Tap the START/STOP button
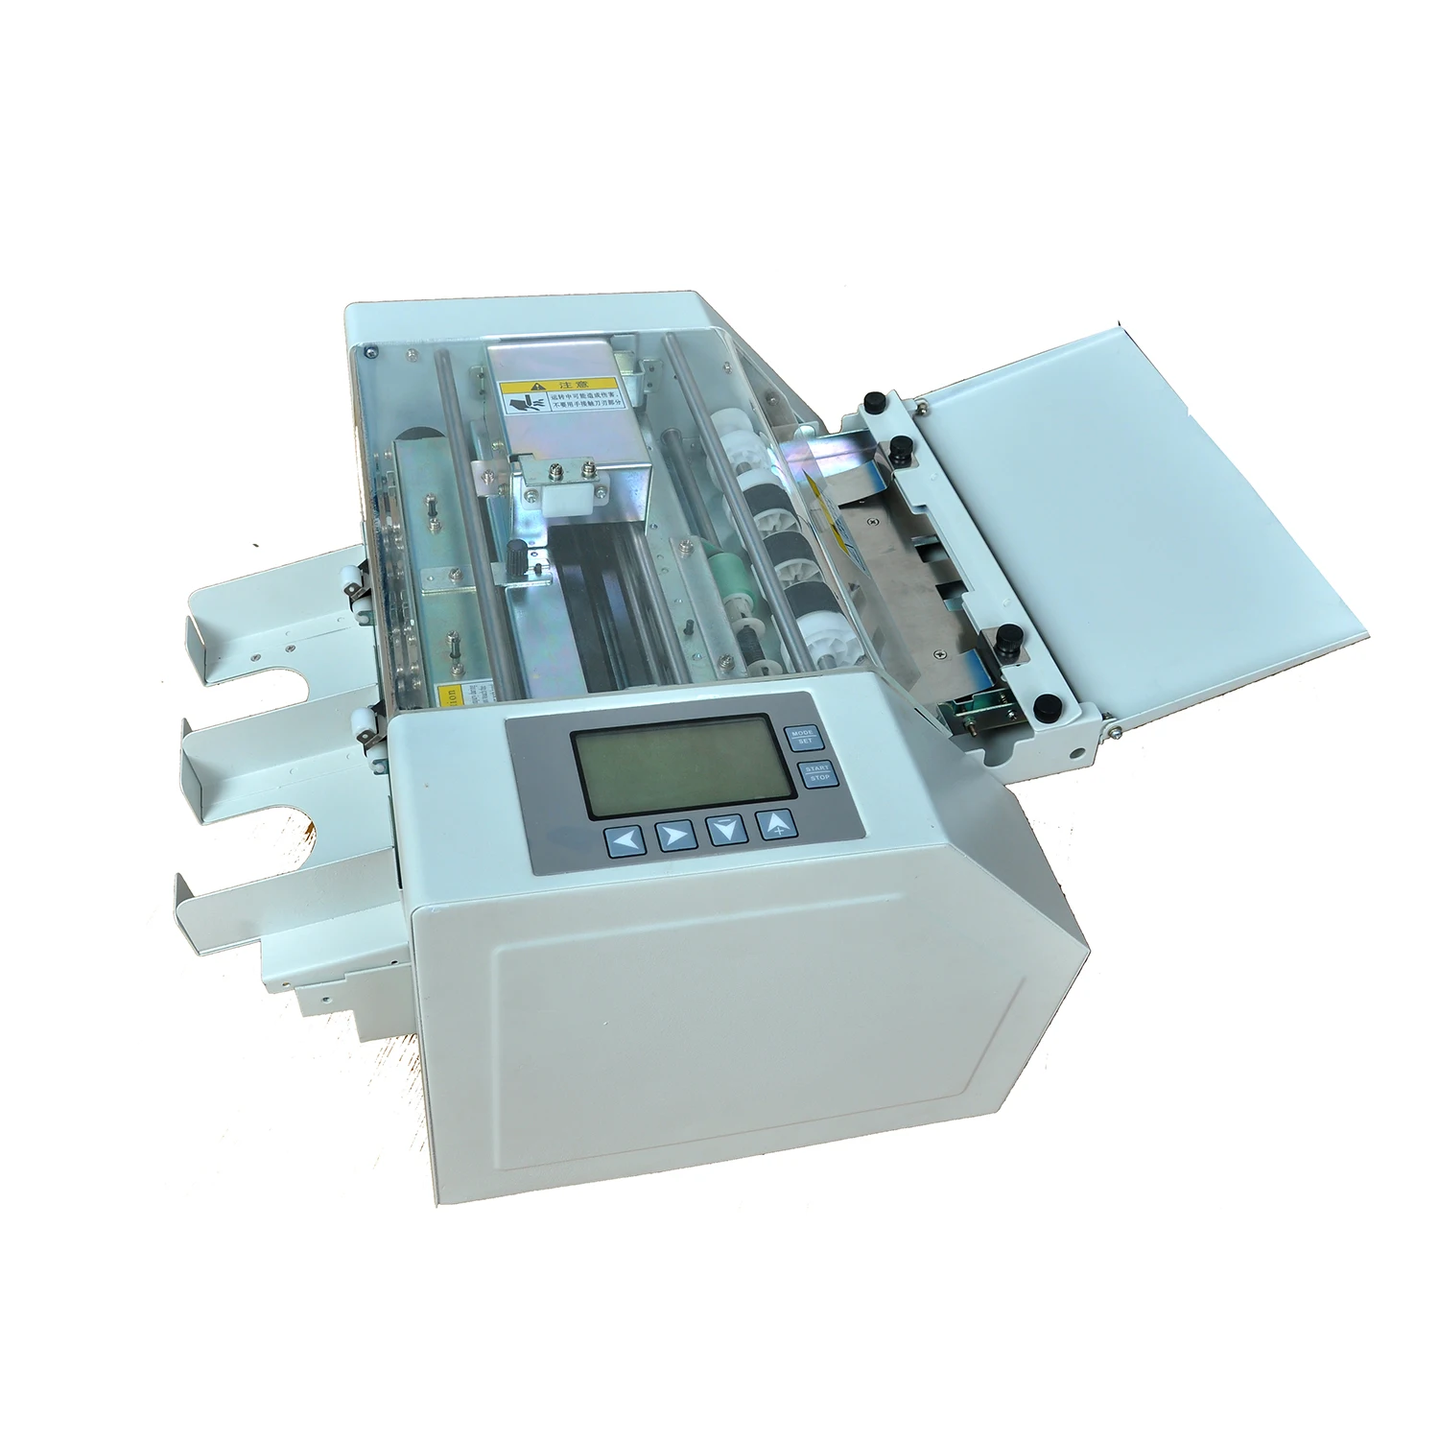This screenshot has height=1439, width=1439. [x=818, y=772]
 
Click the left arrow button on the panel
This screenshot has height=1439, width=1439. [x=625, y=841]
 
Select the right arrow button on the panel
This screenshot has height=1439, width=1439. [x=674, y=836]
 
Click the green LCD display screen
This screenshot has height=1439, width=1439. [x=682, y=766]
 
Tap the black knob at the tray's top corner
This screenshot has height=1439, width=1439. [x=873, y=400]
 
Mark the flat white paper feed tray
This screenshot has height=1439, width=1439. [x=1132, y=508]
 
